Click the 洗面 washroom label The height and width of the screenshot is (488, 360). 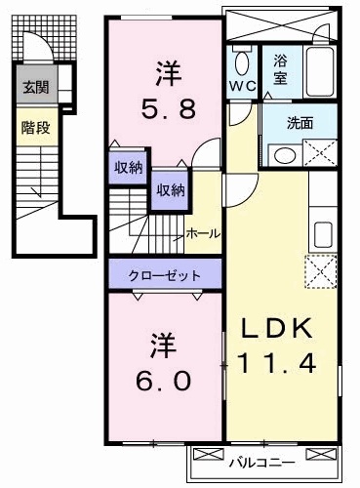tap(300, 125)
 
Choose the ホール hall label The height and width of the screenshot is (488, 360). tap(201, 233)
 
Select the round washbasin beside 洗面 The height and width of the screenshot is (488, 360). tap(283, 154)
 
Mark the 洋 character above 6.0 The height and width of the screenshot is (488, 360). tap(162, 346)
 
